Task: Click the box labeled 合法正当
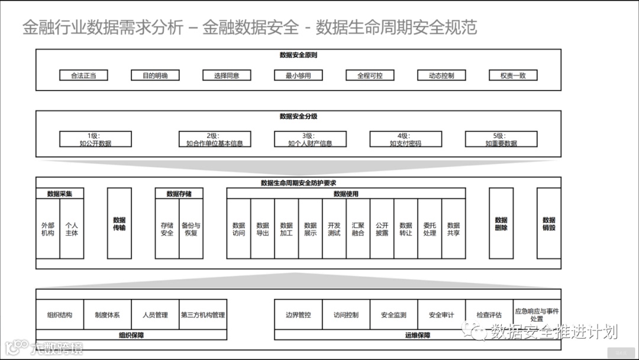[x=83, y=75]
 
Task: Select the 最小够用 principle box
[x=298, y=75]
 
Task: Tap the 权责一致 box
[x=513, y=75]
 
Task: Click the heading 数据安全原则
[x=298, y=55]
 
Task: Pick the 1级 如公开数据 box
[x=95, y=139]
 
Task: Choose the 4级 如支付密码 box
[x=405, y=139]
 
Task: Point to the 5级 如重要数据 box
[x=501, y=139]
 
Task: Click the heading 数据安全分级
[x=298, y=117]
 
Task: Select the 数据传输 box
[x=119, y=224]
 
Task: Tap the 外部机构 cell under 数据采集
[x=48, y=229]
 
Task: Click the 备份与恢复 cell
[x=191, y=229]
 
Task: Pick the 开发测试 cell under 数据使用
[x=334, y=229]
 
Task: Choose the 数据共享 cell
[x=453, y=229]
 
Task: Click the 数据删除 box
[x=501, y=224]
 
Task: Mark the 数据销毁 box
[x=548, y=224]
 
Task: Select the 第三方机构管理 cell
[x=203, y=315]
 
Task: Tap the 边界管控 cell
[x=298, y=315]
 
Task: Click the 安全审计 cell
[x=441, y=315]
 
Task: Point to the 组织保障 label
[x=131, y=335]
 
